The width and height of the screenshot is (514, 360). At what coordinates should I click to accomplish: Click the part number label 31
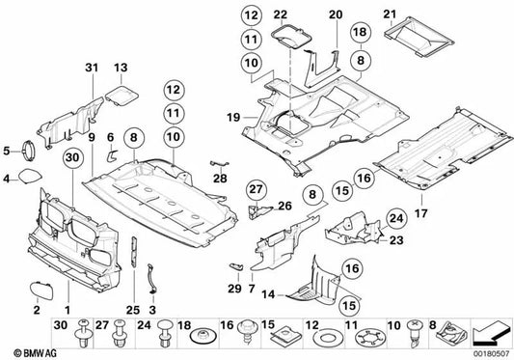(x=92, y=68)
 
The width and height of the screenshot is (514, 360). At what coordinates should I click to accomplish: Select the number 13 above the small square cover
(x=121, y=68)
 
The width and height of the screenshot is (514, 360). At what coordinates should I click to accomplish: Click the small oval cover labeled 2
(x=41, y=291)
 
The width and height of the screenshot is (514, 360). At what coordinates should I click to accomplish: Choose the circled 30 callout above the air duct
(x=72, y=157)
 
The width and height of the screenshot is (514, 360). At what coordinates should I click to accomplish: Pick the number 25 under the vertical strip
(x=133, y=310)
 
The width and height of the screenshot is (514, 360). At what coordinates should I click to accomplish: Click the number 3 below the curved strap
(x=152, y=310)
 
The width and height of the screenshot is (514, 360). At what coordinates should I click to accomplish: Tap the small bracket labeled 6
(x=113, y=155)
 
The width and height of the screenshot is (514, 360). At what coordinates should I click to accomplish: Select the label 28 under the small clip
(x=220, y=179)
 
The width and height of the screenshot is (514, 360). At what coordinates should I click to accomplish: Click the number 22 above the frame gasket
(x=281, y=14)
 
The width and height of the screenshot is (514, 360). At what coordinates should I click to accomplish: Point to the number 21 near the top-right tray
(x=390, y=14)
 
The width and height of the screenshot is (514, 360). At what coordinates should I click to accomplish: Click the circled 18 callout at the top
(x=361, y=32)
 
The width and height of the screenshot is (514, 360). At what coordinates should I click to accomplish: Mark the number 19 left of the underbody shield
(x=233, y=117)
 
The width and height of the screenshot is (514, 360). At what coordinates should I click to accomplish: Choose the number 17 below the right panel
(x=421, y=213)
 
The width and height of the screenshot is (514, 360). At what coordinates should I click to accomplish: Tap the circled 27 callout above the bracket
(x=256, y=189)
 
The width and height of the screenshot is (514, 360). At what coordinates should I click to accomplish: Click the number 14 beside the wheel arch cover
(x=268, y=294)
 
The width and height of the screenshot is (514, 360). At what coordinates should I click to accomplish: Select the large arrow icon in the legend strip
(x=492, y=335)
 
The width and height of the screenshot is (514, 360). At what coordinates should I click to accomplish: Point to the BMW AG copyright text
(x=36, y=353)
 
